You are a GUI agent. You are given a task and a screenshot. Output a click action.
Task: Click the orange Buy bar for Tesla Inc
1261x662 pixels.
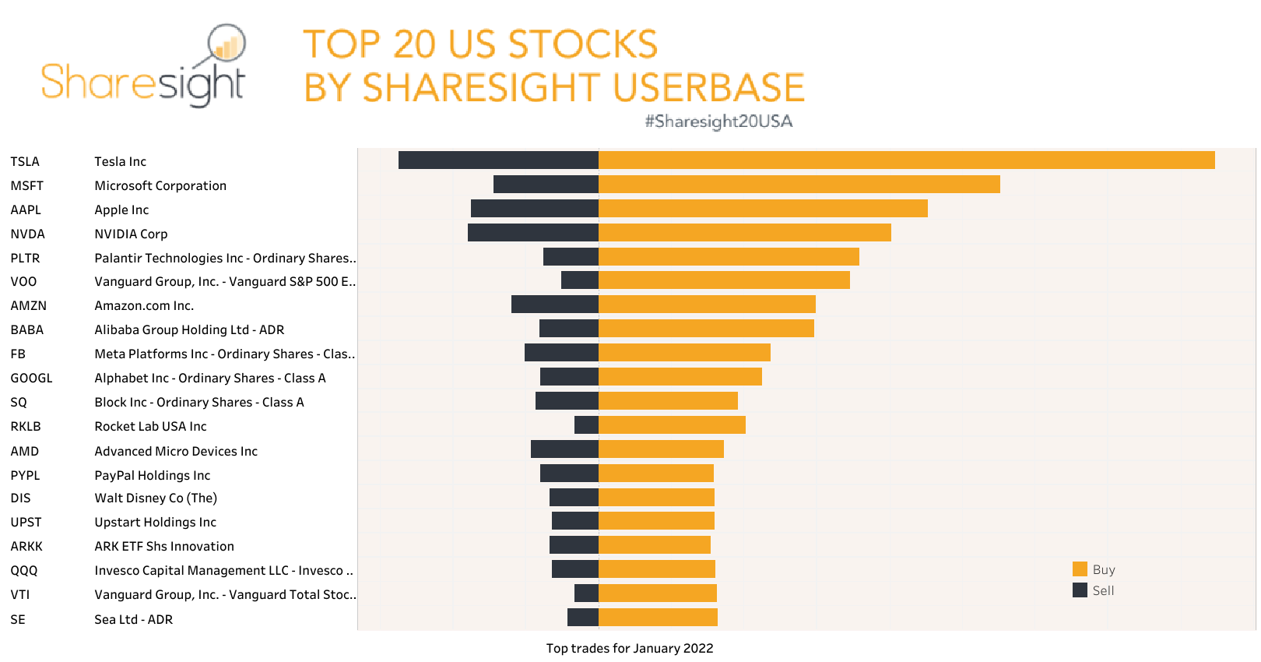coord(906,160)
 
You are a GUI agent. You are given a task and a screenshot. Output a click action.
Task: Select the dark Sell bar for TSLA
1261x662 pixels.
coord(498,160)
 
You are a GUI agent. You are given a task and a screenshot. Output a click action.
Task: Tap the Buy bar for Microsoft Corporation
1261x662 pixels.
coord(799,185)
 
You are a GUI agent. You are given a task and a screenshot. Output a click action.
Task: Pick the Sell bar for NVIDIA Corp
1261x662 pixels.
coord(533,233)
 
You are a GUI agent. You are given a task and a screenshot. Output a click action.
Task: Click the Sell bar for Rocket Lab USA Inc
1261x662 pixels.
coord(586,425)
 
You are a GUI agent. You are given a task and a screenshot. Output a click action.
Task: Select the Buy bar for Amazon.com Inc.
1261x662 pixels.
coord(707,305)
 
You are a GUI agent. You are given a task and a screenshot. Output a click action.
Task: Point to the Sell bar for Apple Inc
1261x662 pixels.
coord(535,209)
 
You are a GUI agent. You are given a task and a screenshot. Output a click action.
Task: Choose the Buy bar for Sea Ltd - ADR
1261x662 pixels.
coord(658,618)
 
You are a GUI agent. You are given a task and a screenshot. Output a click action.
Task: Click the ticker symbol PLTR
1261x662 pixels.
coord(25,258)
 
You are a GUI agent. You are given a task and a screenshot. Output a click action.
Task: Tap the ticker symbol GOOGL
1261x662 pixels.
coord(31,378)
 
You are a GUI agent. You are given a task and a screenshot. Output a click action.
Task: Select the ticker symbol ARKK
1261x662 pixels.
coord(26,546)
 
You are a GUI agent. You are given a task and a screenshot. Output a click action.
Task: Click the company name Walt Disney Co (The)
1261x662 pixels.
coord(156,498)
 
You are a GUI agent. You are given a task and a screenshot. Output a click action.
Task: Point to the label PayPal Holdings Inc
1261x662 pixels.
coord(153,475)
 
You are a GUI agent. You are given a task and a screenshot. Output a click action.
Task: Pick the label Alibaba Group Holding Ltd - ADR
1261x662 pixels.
coord(189,329)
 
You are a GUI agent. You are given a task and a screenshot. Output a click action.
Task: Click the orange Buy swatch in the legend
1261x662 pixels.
coord(1080,569)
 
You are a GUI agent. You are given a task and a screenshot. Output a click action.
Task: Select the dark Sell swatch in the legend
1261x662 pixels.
coord(1080,590)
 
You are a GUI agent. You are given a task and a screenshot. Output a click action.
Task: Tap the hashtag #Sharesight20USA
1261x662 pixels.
coord(718,121)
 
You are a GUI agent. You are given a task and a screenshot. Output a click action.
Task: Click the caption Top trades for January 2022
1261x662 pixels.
coord(629,648)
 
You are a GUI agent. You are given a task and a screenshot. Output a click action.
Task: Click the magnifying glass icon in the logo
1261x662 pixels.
coord(226,44)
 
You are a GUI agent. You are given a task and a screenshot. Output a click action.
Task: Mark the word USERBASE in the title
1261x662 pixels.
coord(708,87)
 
